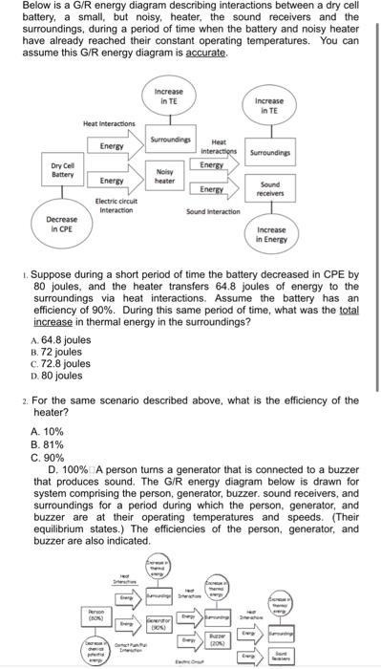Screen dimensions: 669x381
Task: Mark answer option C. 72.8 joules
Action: tap(62, 364)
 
